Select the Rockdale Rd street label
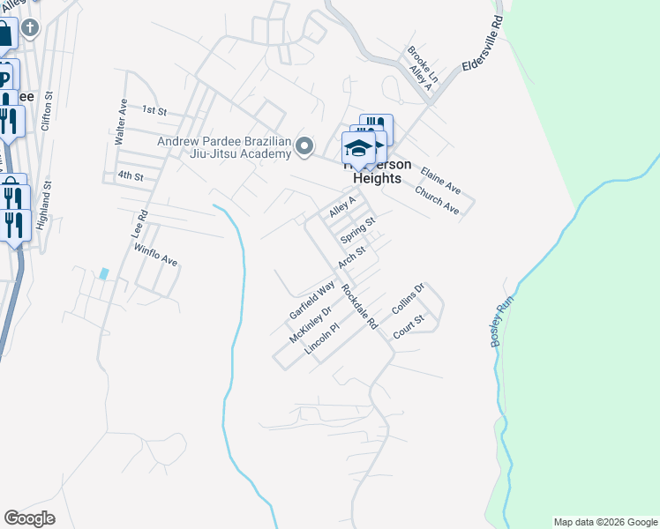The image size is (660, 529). coord(359,307)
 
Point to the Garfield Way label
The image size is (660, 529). coord(313,301)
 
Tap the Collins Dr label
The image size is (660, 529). coord(409,300)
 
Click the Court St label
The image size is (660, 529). coord(409,325)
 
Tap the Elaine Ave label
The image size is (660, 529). coord(440,181)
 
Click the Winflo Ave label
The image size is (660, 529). coord(156,256)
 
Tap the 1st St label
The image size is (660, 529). coord(154,110)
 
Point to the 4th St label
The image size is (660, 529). coord(131,176)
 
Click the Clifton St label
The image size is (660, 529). coord(47,111)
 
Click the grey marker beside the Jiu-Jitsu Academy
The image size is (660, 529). coord(305,145)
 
